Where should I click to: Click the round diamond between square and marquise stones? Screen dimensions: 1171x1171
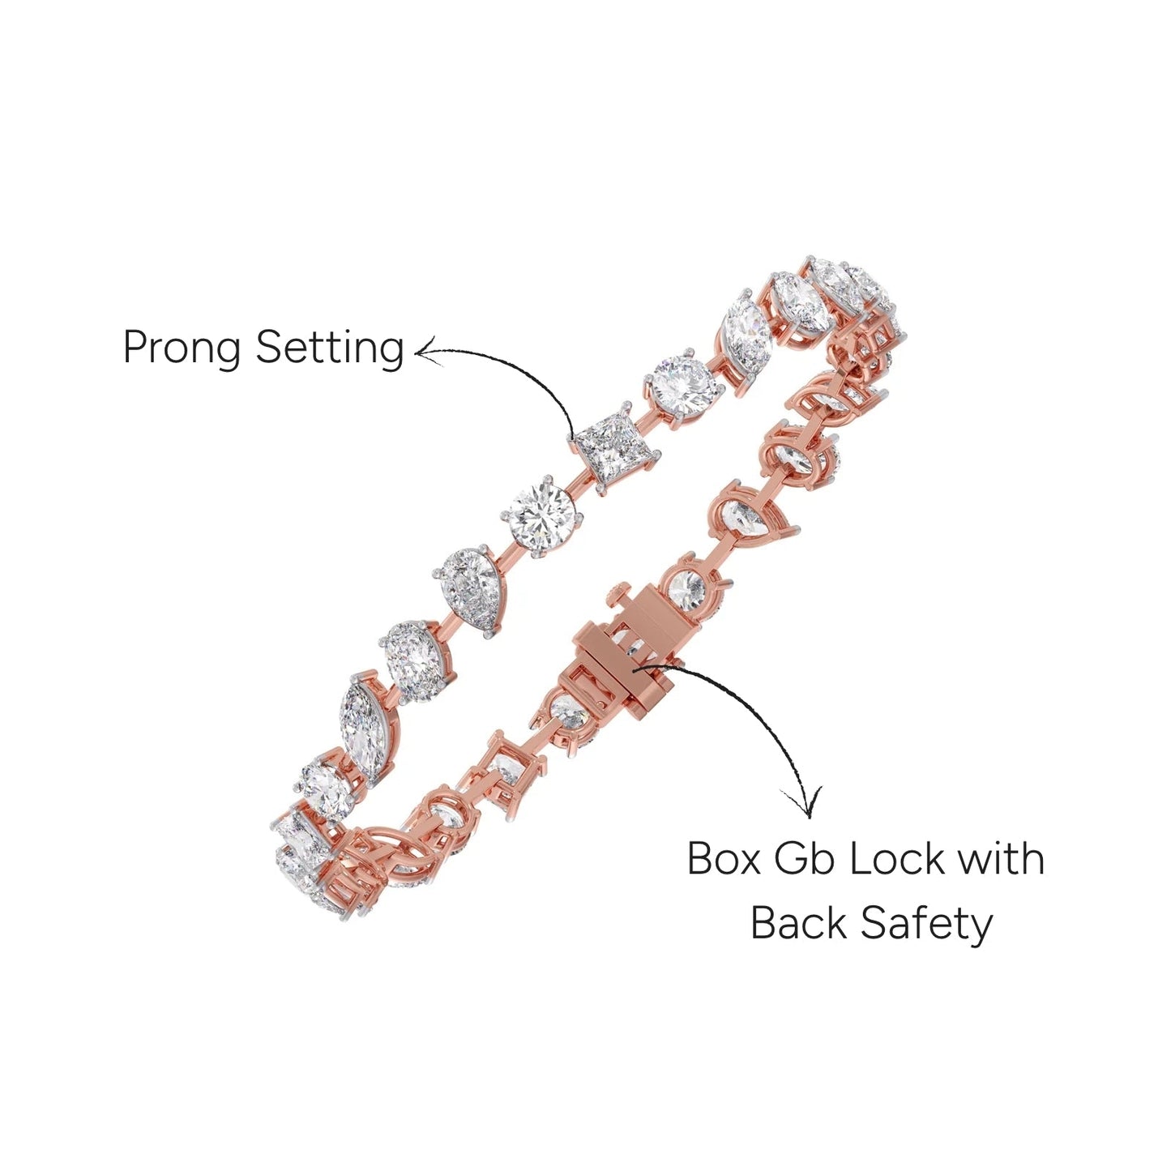pos(682,386)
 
